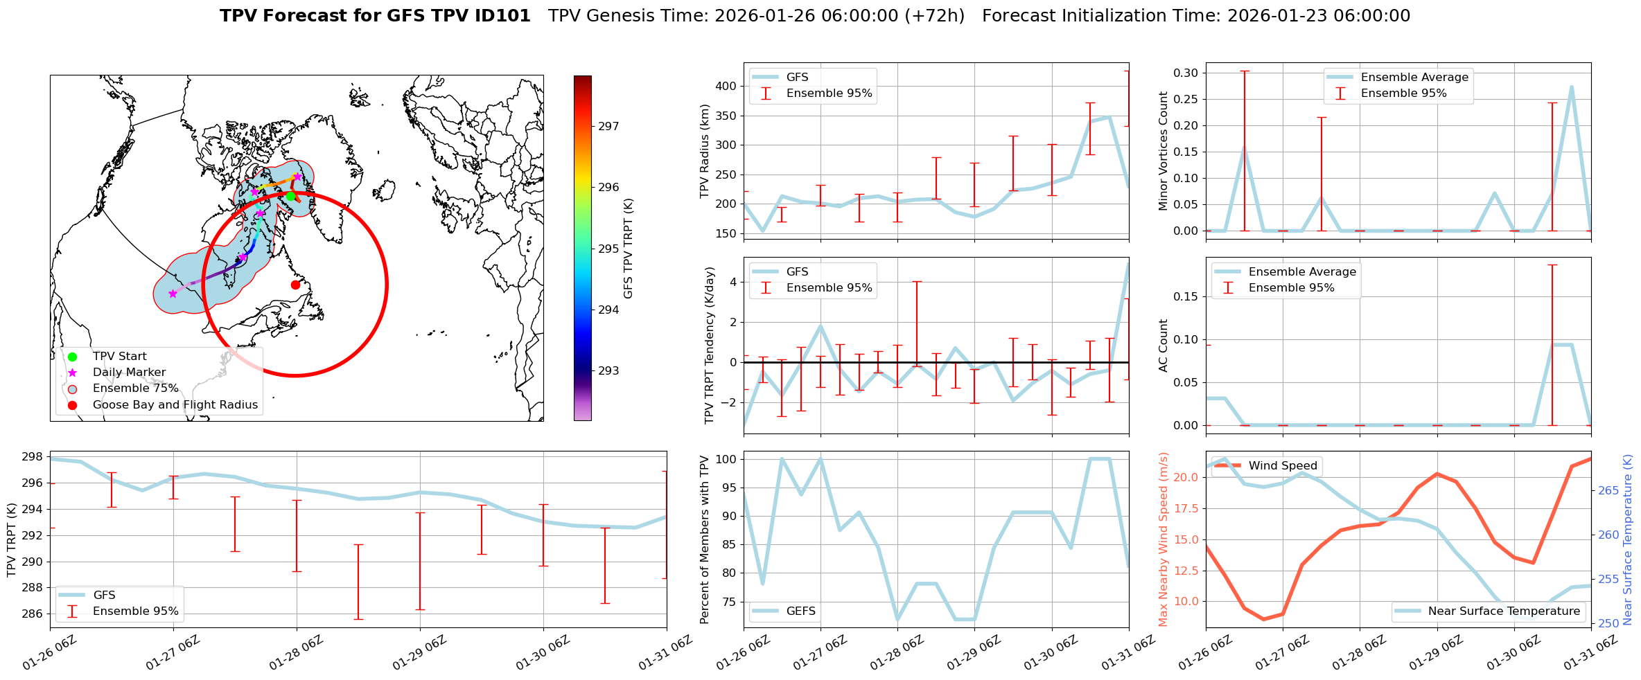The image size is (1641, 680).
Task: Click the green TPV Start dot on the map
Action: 290,196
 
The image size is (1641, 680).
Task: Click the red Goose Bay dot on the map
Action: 295,285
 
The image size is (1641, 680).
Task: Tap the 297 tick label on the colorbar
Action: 608,126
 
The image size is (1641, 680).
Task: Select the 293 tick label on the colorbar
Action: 608,370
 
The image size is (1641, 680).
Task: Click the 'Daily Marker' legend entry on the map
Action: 129,373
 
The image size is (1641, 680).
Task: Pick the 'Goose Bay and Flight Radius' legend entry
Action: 175,405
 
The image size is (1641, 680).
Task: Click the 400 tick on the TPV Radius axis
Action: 726,87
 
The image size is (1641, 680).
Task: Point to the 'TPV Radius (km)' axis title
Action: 705,151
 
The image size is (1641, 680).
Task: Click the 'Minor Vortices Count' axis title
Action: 1163,151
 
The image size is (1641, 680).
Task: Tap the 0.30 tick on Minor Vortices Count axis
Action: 1185,73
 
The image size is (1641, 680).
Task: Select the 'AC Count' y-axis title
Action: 1163,346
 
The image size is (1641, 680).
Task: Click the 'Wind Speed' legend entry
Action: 1282,466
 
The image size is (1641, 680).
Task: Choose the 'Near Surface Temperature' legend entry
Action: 1504,611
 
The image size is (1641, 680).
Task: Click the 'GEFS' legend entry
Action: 800,611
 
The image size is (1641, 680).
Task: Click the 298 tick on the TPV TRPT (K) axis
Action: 33,457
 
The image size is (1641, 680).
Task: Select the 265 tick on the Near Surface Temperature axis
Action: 1609,490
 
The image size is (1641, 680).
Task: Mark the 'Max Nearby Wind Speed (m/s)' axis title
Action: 1163,539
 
